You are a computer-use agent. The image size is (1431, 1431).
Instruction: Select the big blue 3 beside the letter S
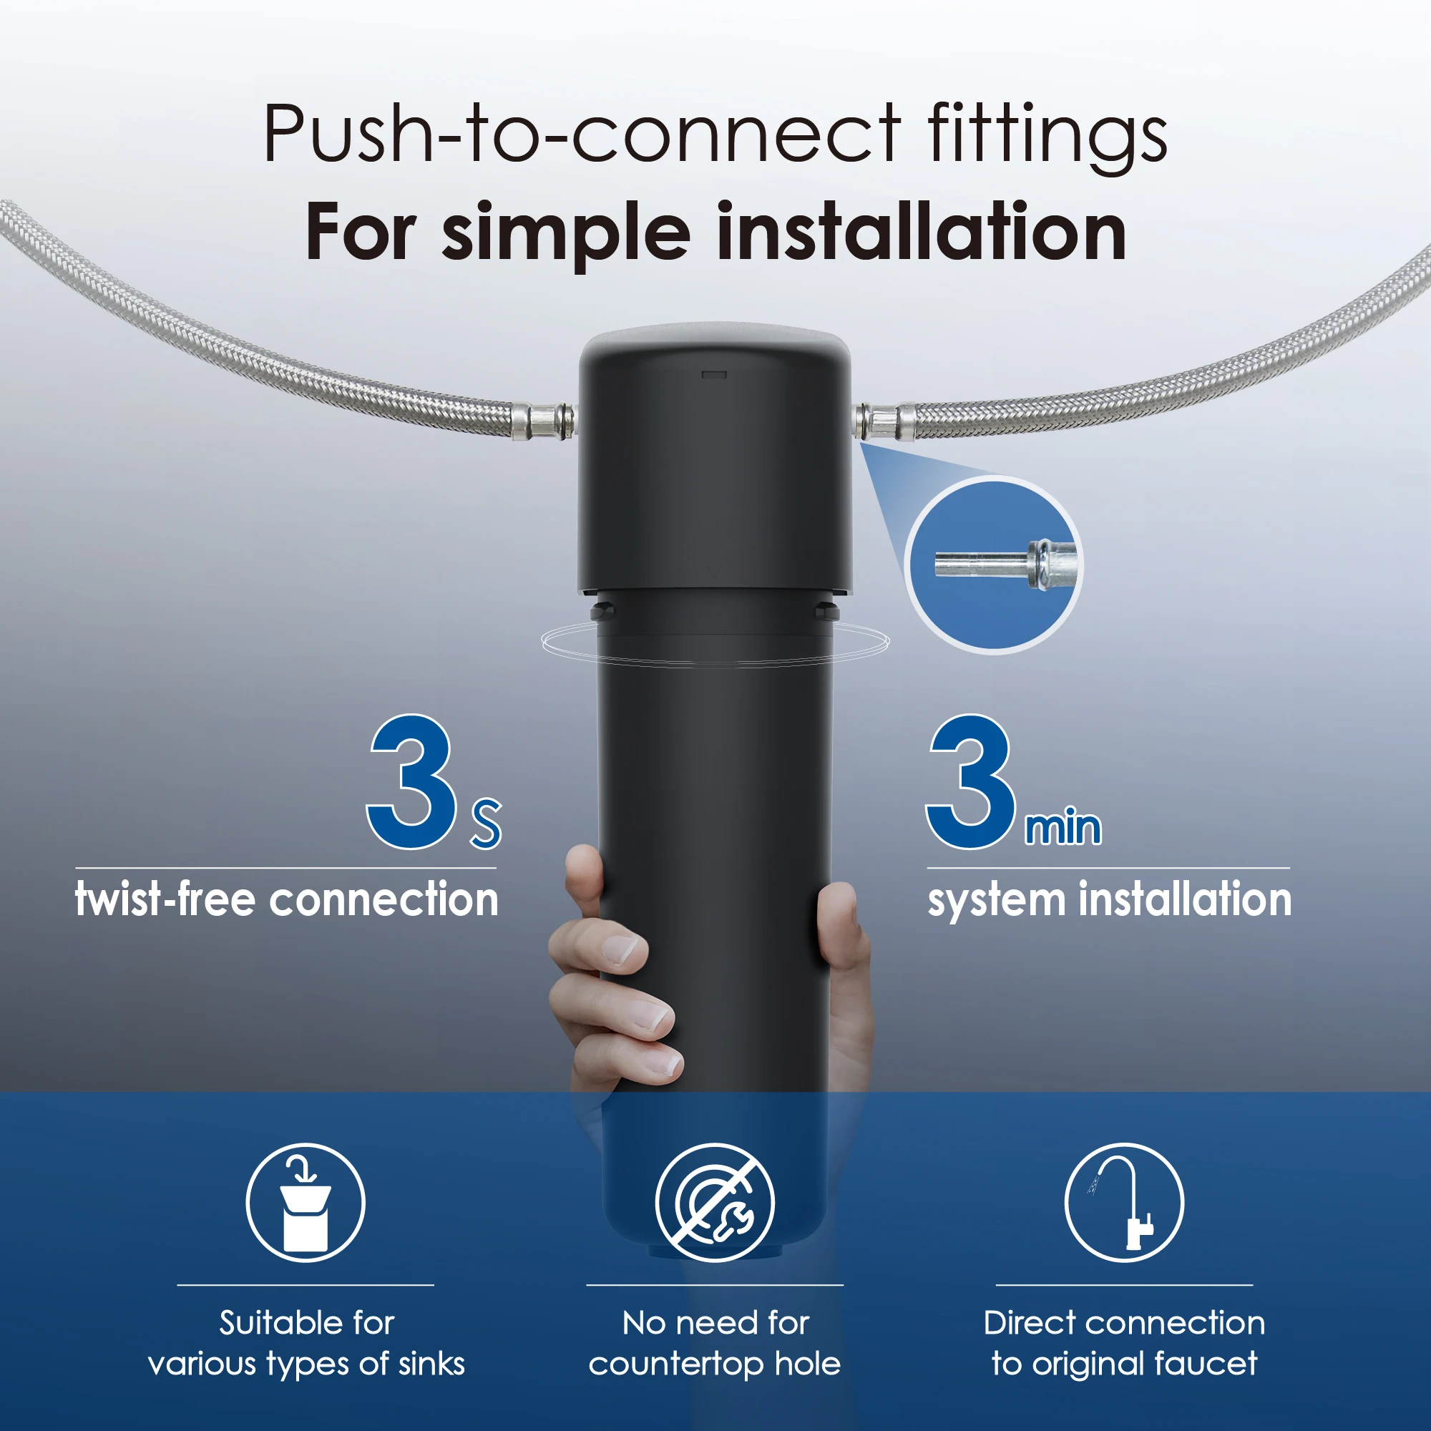click(x=412, y=782)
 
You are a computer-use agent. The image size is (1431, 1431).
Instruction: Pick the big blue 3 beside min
click(x=970, y=782)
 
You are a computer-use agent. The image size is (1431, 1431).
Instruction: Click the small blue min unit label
click(x=1063, y=827)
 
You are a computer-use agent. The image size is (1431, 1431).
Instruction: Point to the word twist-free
click(x=165, y=900)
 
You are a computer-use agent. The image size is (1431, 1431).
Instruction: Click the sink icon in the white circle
click(x=306, y=1202)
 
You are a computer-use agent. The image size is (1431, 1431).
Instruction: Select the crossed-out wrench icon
click(x=715, y=1202)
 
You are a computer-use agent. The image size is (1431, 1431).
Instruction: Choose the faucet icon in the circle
click(x=1124, y=1202)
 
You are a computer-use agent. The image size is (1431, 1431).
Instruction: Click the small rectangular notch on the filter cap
click(x=714, y=375)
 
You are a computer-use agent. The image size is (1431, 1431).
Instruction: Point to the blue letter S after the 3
click(x=486, y=824)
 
